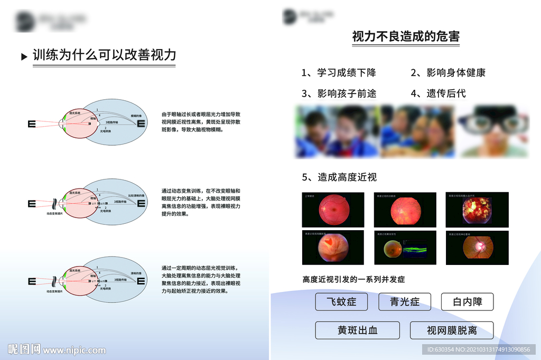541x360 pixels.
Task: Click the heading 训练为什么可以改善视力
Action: click(x=104, y=55)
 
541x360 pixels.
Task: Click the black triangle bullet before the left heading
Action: click(x=24, y=56)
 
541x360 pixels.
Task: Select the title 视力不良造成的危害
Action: click(x=405, y=36)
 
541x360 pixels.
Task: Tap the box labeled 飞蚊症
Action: click(x=341, y=302)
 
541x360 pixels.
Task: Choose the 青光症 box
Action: click(x=405, y=302)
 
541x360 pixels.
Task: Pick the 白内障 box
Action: click(x=467, y=302)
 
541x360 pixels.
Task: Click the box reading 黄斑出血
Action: click(x=358, y=330)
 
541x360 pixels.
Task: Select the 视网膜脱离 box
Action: click(x=452, y=330)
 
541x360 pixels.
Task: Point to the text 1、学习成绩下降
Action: click(x=339, y=73)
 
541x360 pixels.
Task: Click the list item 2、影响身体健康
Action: click(x=448, y=73)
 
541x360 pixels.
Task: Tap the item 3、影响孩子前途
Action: click(x=339, y=93)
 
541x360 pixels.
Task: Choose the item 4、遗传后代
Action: click(x=438, y=93)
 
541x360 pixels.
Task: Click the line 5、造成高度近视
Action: click(x=339, y=177)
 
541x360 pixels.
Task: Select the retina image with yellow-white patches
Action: click(x=477, y=210)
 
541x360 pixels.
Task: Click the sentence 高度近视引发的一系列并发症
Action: click(x=353, y=279)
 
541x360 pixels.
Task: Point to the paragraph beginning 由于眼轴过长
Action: click(x=201, y=121)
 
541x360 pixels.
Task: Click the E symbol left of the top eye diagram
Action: click(x=32, y=124)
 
